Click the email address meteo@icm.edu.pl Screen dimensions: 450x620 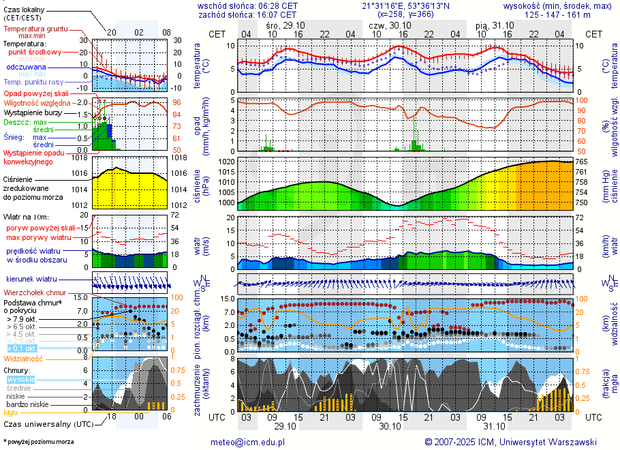point(251,442)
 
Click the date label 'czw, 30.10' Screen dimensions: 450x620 point(386,25)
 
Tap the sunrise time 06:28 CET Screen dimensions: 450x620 point(273,5)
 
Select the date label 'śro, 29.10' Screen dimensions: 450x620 point(284,25)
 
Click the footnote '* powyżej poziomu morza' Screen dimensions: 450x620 point(39,442)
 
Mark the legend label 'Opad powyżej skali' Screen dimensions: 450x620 point(35,93)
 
